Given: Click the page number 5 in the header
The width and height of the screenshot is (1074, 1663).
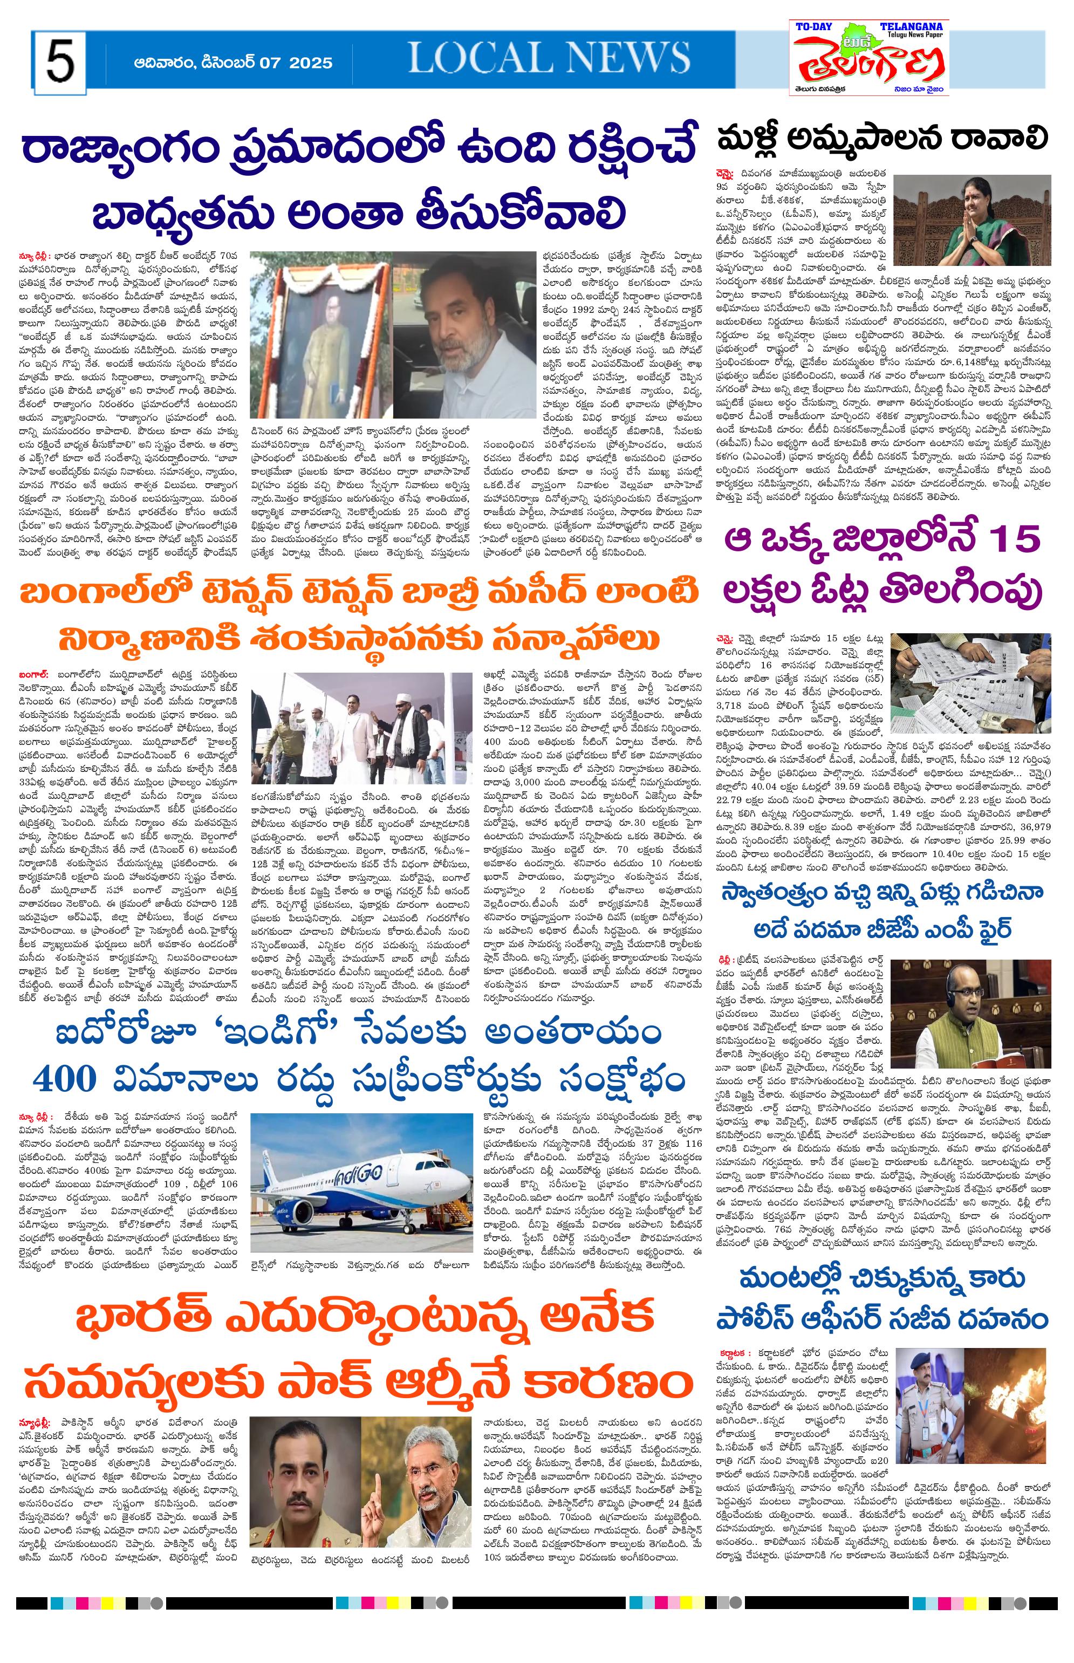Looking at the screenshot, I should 60,63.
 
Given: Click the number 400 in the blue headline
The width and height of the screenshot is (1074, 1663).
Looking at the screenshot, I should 64,1079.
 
